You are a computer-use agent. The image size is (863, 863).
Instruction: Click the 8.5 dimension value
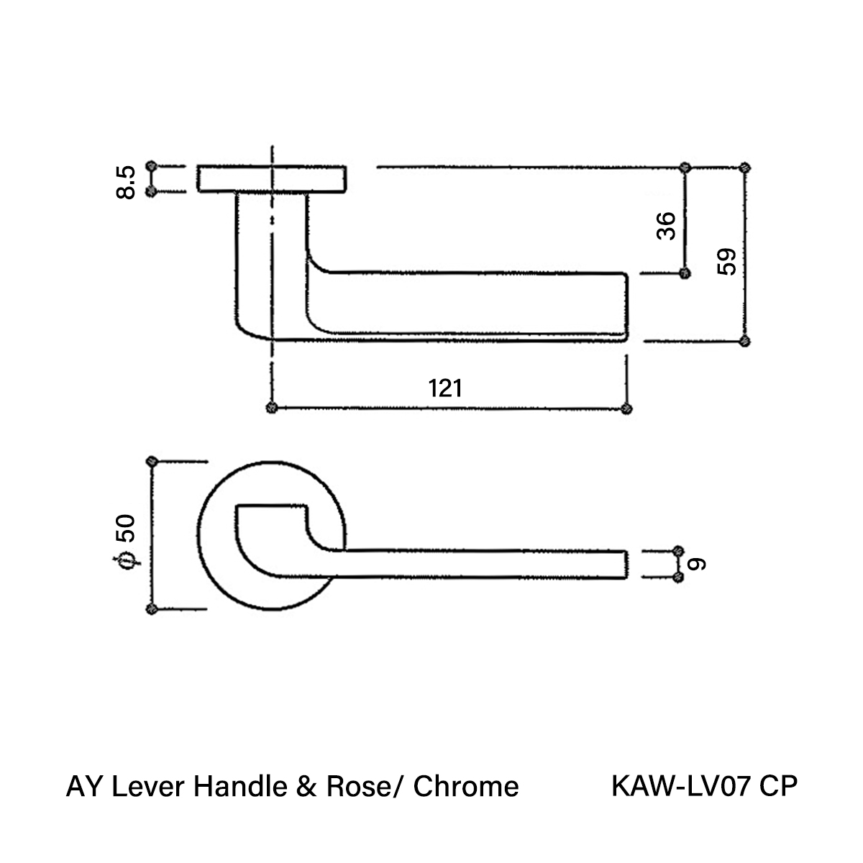coord(126,182)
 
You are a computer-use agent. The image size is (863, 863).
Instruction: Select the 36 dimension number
coord(666,226)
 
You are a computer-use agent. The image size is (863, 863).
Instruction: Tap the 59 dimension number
coord(726,262)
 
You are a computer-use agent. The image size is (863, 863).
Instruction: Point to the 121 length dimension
coord(444,388)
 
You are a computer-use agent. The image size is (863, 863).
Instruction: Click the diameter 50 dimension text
coord(126,542)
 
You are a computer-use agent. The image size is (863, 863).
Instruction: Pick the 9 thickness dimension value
coord(697,565)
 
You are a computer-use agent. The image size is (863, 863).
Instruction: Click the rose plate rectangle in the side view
coord(272,180)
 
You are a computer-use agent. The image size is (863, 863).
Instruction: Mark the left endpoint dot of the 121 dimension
coord(271,408)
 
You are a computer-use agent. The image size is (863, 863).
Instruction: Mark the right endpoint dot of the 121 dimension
coord(626,408)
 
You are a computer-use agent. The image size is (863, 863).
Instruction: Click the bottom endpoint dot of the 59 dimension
coord(744,341)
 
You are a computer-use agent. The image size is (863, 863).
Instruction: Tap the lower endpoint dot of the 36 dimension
coord(685,273)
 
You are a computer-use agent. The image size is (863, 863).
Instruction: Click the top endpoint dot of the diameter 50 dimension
coord(152,461)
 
